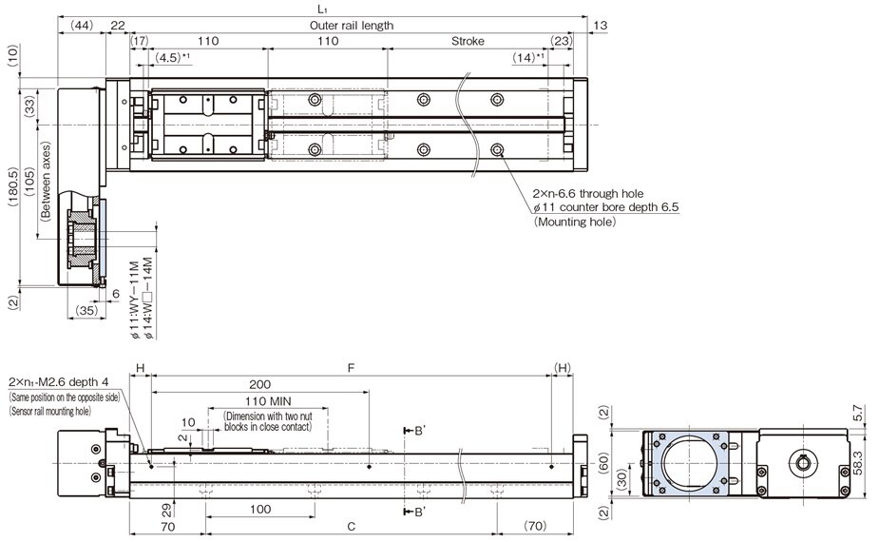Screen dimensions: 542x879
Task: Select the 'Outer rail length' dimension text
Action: [351, 26]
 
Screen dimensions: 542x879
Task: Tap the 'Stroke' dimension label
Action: [467, 42]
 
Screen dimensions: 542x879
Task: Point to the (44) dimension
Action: [81, 26]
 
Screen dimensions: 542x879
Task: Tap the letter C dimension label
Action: [351, 526]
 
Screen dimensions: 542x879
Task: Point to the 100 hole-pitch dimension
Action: [259, 510]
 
